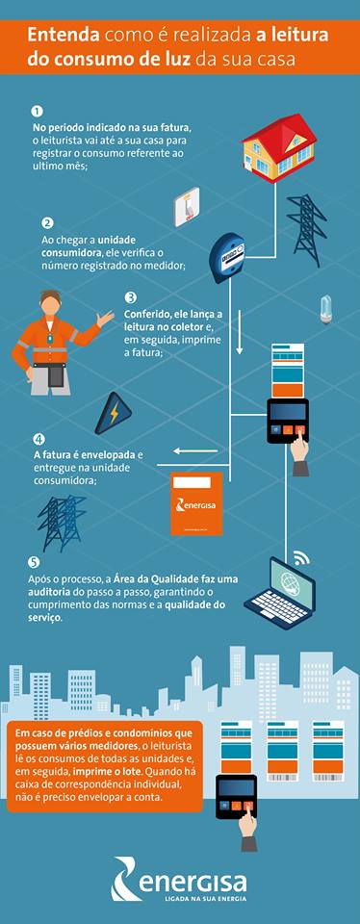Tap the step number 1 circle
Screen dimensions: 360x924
[x=38, y=112]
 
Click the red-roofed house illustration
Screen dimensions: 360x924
[x=279, y=147]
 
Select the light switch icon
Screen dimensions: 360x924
[x=186, y=206]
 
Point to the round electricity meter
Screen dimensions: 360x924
[x=228, y=258]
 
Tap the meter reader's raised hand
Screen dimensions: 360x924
[x=106, y=319]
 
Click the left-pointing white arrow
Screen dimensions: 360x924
[x=195, y=452]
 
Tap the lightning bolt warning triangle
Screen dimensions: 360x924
[x=114, y=413]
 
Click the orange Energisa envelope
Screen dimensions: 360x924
[x=196, y=502]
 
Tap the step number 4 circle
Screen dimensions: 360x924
[x=39, y=440]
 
